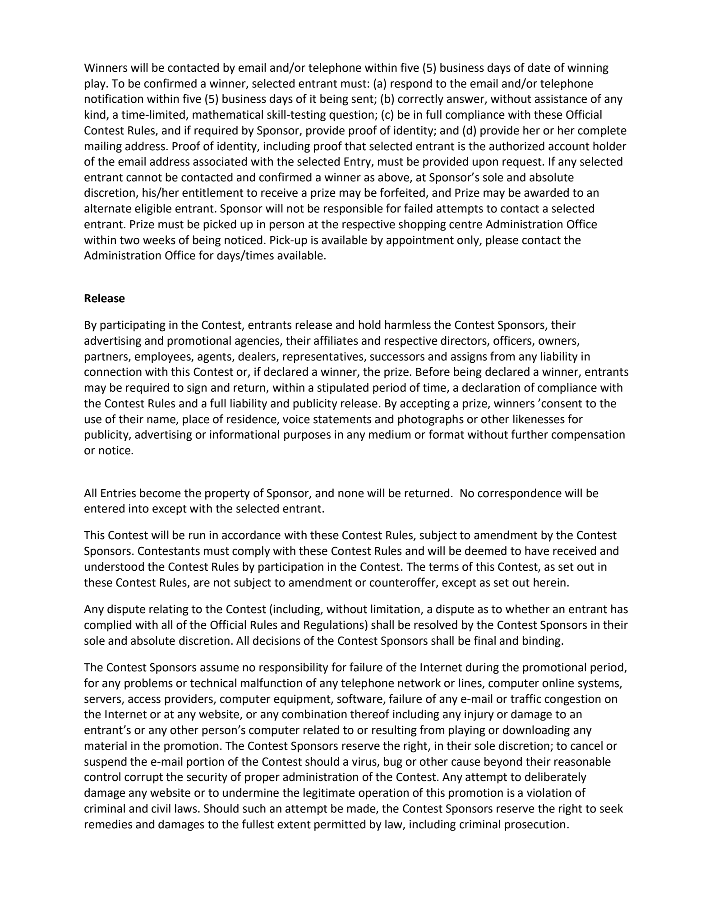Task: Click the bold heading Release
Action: (104, 299)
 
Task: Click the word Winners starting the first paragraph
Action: (106, 68)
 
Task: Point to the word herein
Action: (552, 582)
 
